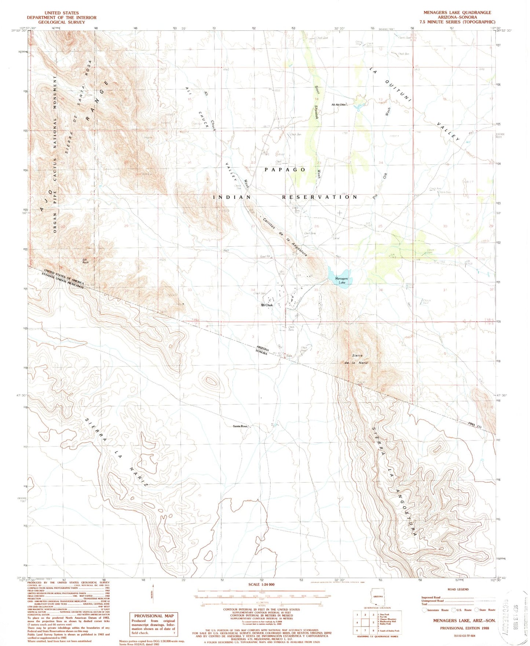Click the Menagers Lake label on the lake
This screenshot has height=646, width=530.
click(341, 281)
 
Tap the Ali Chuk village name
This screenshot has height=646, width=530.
click(267, 305)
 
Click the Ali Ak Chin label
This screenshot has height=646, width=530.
click(339, 105)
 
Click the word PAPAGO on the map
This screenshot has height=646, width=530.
click(285, 170)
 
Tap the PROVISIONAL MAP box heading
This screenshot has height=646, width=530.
click(154, 616)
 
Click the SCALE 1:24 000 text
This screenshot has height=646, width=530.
click(261, 584)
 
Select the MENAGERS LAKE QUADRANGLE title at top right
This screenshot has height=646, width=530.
click(457, 12)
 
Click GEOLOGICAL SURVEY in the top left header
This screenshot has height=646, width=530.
click(62, 22)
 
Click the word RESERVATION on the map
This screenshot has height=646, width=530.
click(319, 197)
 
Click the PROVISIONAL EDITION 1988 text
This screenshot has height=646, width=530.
click(465, 628)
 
